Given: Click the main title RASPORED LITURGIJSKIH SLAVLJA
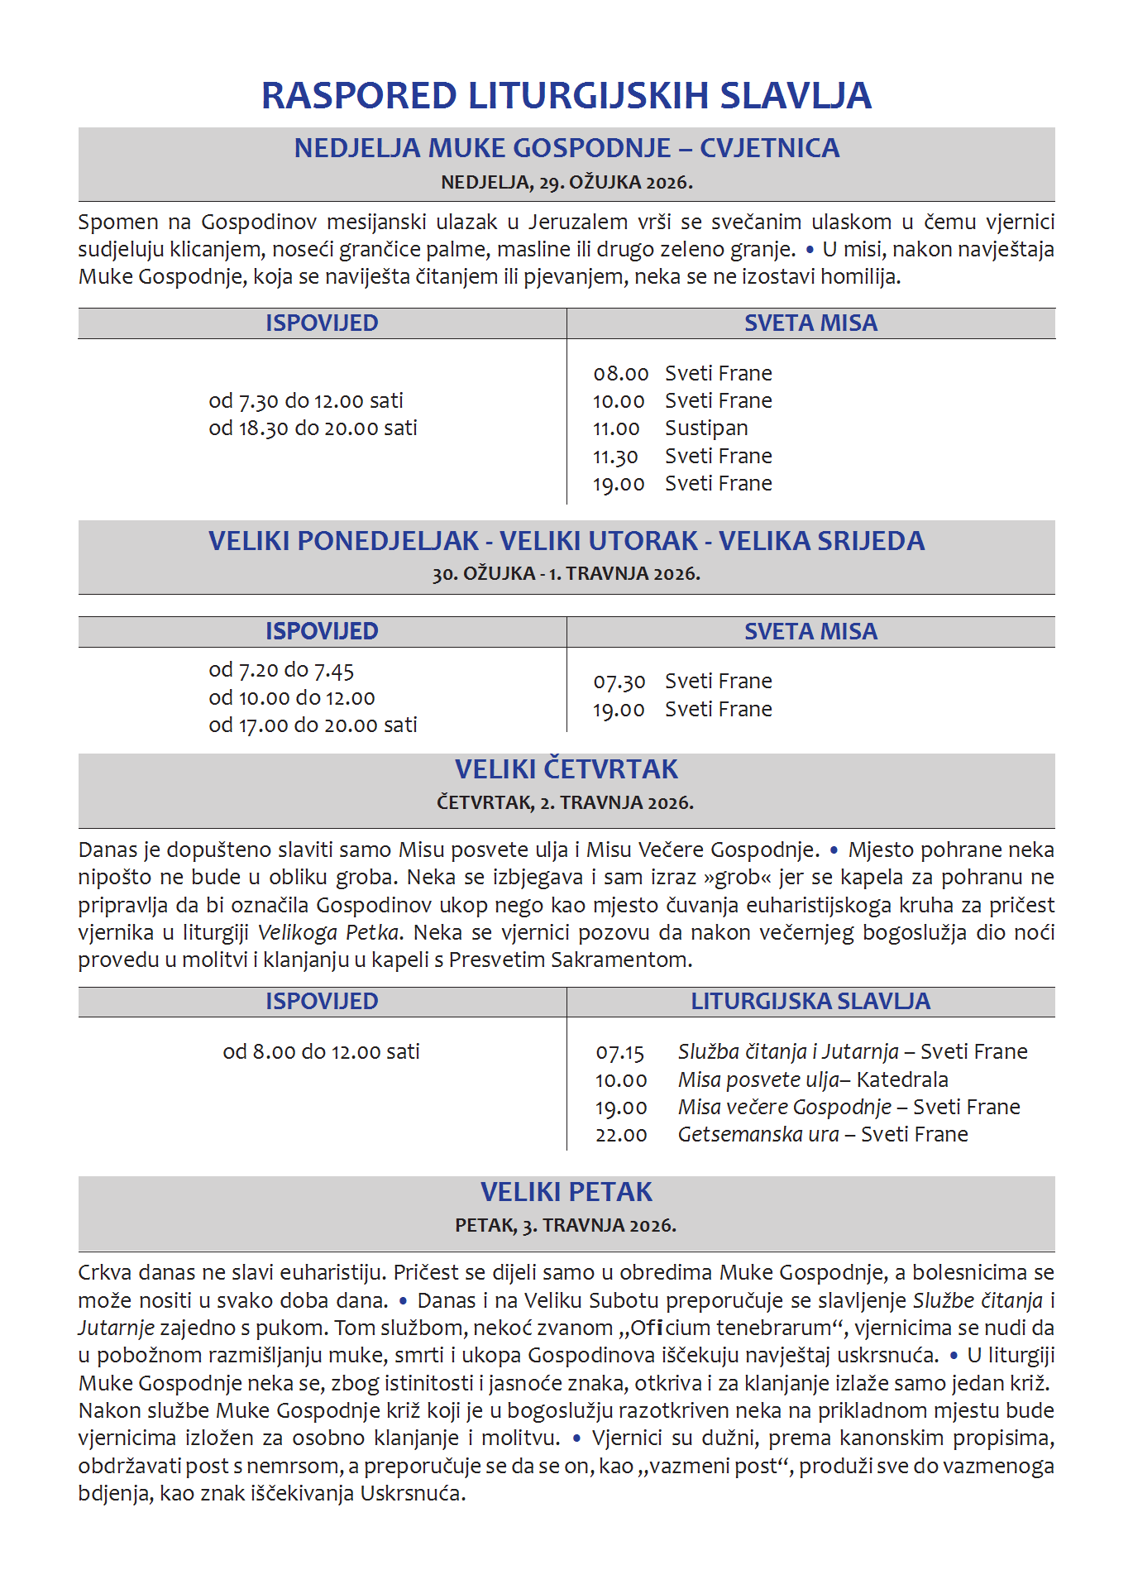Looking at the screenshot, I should coord(566,96).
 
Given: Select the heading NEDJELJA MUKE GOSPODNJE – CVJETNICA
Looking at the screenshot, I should coord(566,148).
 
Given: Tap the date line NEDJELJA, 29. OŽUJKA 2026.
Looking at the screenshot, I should coord(566,183).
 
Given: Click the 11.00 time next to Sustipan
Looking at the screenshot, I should coord(616,428).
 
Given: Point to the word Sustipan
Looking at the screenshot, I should coord(706,428).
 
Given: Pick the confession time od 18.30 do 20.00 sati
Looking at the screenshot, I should coord(313,428).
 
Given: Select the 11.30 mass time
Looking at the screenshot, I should coord(615,457).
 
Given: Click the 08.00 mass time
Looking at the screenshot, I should coord(620,374).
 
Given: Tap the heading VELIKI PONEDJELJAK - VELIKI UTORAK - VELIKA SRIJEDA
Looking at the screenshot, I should coord(566,541).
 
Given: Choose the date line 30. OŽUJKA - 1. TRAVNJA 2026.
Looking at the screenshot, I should coord(566,574).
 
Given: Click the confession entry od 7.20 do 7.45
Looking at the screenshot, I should coord(281,670).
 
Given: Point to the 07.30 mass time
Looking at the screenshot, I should coord(619,682).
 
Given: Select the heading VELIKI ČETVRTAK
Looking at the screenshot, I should coord(566,769).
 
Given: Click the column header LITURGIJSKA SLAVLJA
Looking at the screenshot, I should coord(810,1002).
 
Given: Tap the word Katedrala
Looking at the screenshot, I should coord(902,1080).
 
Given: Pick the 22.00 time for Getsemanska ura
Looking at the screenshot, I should coord(621,1135).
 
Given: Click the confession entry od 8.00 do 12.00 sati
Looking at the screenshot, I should coord(321,1052).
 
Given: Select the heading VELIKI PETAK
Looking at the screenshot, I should coord(566,1192).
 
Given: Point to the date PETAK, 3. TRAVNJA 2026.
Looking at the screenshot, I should coord(566,1226).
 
